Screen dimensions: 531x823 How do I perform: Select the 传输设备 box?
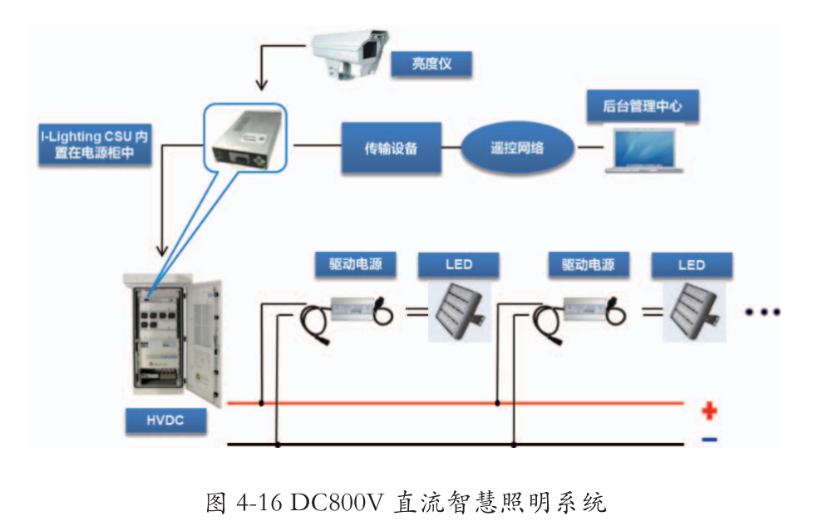(x=391, y=149)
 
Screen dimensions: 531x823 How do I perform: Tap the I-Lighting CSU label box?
(x=94, y=142)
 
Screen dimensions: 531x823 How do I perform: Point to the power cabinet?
(x=172, y=341)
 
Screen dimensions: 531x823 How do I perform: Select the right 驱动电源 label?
(x=589, y=265)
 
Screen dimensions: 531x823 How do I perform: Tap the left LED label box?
(x=458, y=265)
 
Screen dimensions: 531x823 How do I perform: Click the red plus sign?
(x=709, y=411)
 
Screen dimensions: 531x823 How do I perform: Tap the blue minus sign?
(x=709, y=440)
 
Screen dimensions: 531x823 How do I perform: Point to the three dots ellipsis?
(x=762, y=312)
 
